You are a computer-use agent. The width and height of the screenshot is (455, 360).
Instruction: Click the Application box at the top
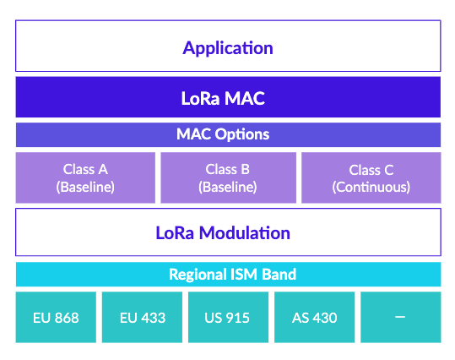click(x=228, y=46)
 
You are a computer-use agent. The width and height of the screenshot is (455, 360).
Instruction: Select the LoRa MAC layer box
click(x=228, y=97)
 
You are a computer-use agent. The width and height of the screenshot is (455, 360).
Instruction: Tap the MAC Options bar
click(x=228, y=134)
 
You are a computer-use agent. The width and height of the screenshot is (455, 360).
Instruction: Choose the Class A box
click(x=85, y=177)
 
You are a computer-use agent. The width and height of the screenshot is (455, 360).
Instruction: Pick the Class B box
click(x=228, y=177)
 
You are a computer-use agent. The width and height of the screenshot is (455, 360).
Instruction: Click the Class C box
click(x=371, y=177)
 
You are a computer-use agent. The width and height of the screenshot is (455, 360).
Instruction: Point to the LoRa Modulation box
click(x=228, y=232)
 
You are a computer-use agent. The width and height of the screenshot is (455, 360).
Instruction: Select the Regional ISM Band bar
click(x=228, y=274)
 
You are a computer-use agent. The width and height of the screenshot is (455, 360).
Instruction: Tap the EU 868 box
click(x=56, y=318)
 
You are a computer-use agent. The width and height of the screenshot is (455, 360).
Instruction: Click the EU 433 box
click(x=142, y=318)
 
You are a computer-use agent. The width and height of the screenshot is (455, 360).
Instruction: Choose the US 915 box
click(x=228, y=318)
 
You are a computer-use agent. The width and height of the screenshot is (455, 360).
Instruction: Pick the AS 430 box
click(x=314, y=318)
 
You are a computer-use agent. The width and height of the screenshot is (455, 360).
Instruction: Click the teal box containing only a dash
click(x=400, y=318)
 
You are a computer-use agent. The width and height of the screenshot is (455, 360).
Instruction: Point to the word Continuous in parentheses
click(x=371, y=187)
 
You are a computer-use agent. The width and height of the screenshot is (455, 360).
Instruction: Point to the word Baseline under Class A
click(x=85, y=187)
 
